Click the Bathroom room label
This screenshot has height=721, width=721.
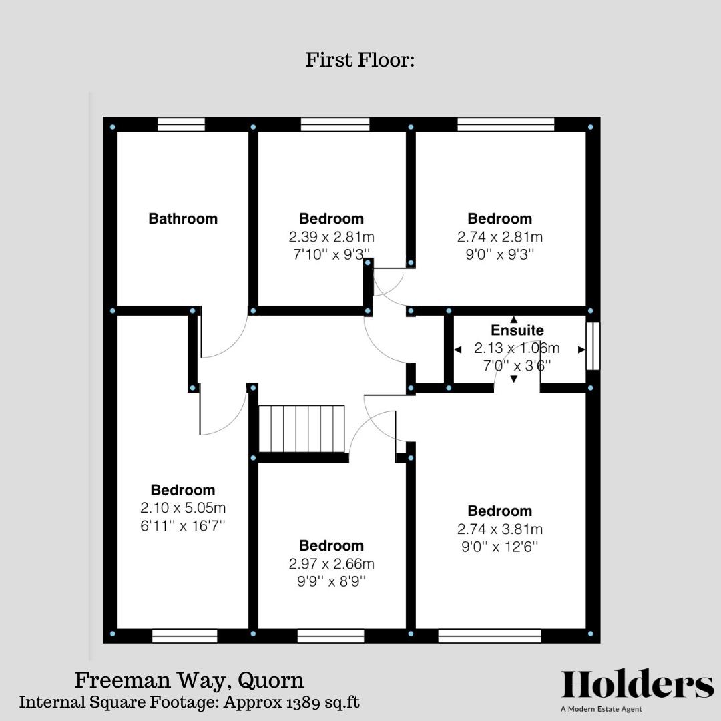[x=183, y=218]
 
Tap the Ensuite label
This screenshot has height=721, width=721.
[x=517, y=330]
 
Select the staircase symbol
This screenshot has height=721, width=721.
[x=301, y=429]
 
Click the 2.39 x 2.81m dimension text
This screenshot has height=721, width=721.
[x=332, y=236]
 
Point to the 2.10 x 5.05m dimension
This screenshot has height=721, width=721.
[x=183, y=507]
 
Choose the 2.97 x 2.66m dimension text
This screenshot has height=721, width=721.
[x=332, y=563]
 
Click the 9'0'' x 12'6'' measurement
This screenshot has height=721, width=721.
[x=500, y=547]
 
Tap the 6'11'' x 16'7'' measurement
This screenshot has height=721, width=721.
[x=183, y=525]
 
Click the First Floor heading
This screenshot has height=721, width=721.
[x=360, y=60]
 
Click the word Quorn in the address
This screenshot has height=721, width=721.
[x=272, y=680]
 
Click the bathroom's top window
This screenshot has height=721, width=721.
[x=181, y=124]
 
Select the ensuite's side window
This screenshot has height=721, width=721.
[x=593, y=346]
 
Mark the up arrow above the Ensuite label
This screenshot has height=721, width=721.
[x=513, y=319]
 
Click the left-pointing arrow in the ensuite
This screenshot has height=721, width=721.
[x=458, y=349]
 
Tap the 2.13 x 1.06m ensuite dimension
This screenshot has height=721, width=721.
[x=517, y=348]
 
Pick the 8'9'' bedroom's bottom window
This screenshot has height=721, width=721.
[x=330, y=636]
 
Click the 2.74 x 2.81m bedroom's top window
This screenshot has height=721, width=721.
[x=506, y=124]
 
